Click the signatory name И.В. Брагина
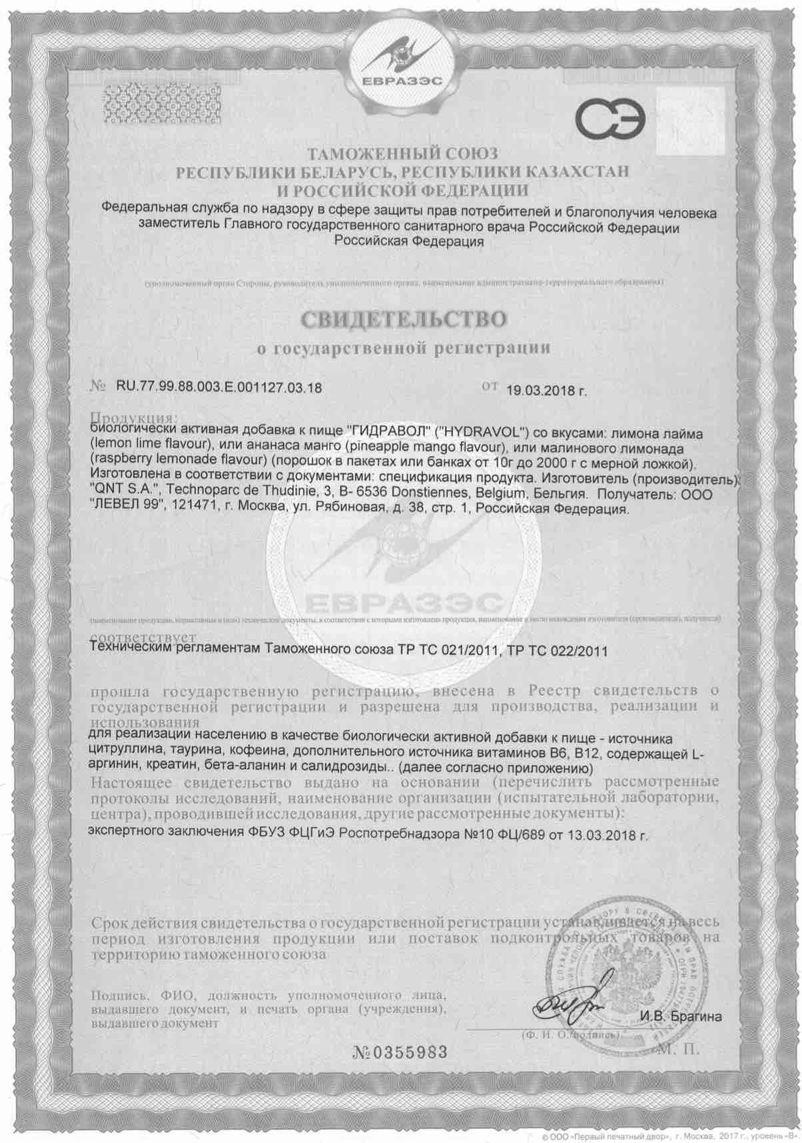(x=680, y=1017)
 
